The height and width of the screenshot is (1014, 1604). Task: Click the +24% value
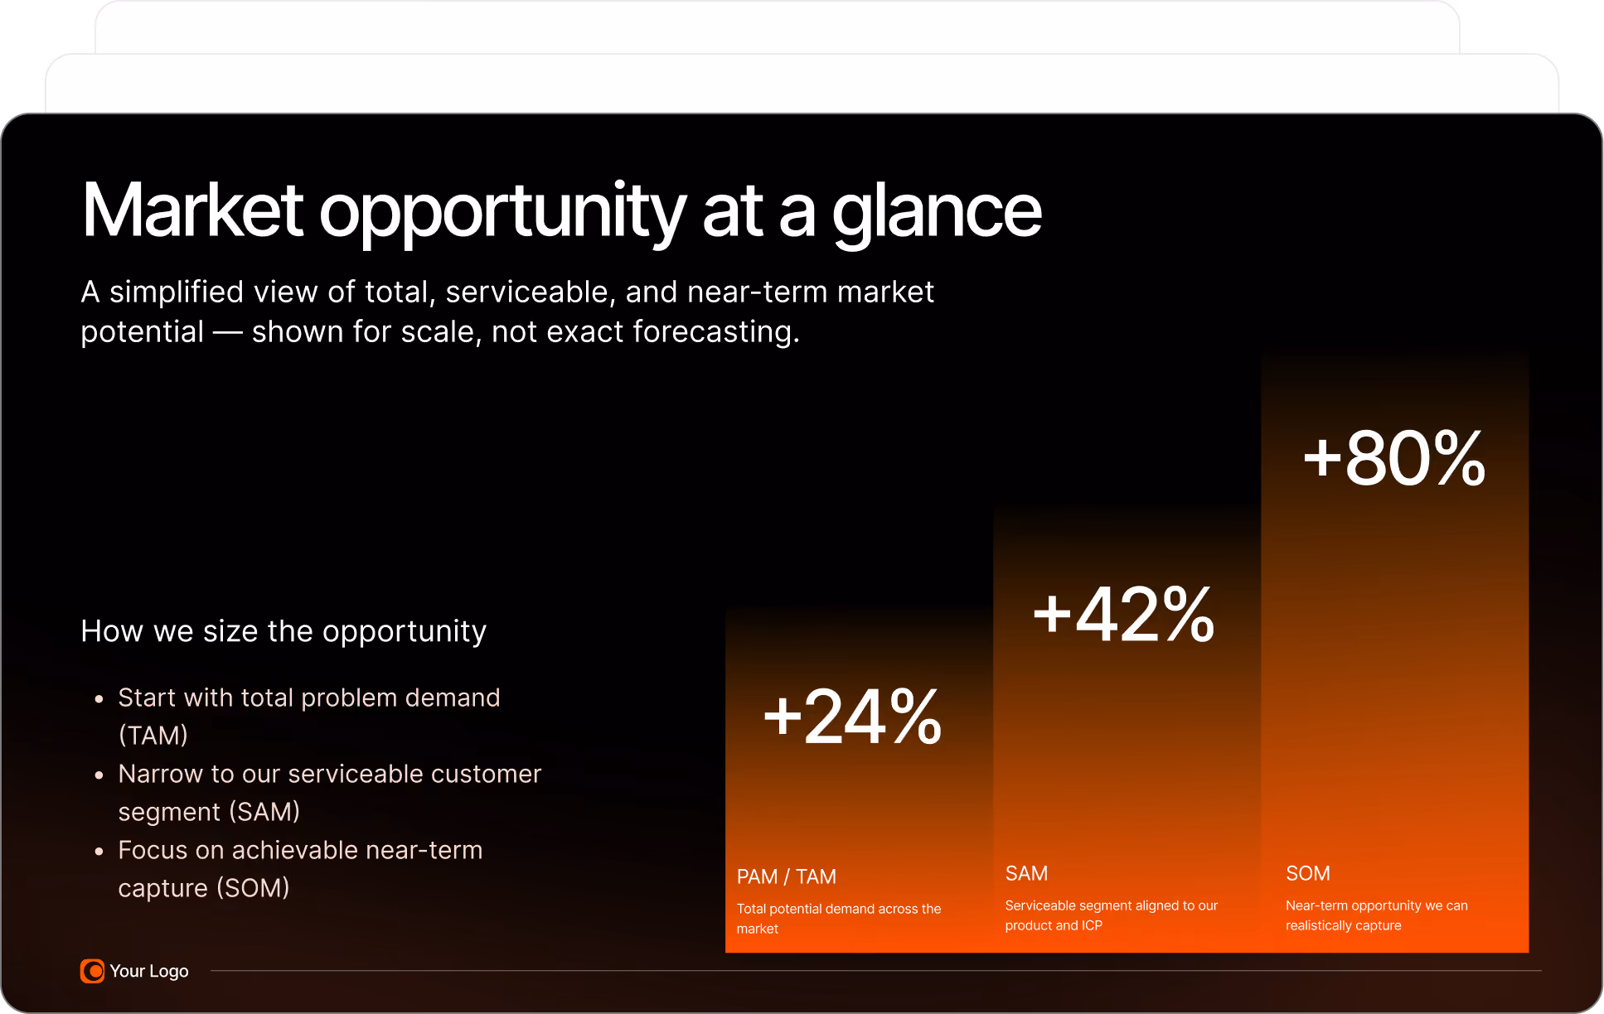pos(852,717)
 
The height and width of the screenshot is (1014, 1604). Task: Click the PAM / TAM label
pos(786,876)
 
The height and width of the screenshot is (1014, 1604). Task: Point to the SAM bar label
pos(1026,873)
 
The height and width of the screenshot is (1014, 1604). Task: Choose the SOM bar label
pos(1307,873)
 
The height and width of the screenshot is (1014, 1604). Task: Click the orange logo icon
pos(92,971)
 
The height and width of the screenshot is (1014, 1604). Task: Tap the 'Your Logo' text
pos(149,971)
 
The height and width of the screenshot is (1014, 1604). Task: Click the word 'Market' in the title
pos(192,210)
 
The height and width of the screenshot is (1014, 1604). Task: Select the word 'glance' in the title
pos(937,213)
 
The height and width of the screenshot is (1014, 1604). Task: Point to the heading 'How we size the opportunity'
pos(283,631)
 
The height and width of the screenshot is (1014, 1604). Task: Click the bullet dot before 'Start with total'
pos(99,699)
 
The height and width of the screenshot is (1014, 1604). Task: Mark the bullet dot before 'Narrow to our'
pos(99,775)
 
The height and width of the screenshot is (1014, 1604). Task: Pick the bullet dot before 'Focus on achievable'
pos(99,852)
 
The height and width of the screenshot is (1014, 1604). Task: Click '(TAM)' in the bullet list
pos(153,735)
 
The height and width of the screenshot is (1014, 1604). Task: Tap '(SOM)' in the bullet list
pos(253,888)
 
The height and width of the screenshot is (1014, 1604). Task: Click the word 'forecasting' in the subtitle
pos(716,332)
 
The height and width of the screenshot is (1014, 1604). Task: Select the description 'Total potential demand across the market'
pos(839,919)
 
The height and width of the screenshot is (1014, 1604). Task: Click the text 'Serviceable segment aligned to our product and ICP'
pos(1112,915)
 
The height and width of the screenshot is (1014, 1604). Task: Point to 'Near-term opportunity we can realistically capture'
pos(1377,915)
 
